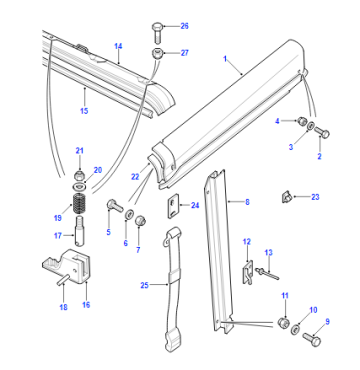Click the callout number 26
click(184, 26)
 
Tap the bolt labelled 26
click(158, 32)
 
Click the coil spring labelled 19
click(79, 204)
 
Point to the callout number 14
click(118, 46)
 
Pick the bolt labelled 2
click(322, 133)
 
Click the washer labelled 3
click(310, 126)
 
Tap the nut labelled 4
click(302, 120)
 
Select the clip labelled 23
click(285, 197)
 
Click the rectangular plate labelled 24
click(173, 206)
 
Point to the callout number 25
click(144, 285)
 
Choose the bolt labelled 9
click(312, 339)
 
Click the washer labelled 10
click(295, 330)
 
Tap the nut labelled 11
click(283, 323)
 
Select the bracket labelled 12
click(247, 271)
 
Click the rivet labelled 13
click(267, 272)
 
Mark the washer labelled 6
click(129, 214)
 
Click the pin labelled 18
click(63, 279)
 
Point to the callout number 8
click(247, 202)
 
